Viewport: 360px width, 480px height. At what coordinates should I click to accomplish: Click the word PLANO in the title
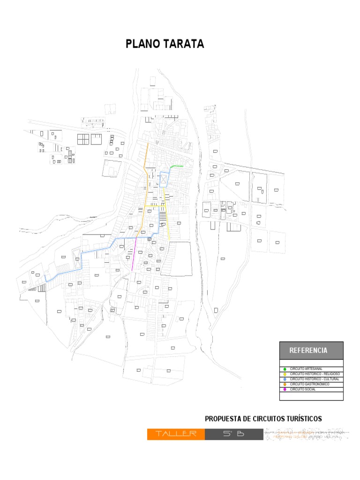coord(143,44)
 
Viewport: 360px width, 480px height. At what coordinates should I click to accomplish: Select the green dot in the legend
coord(285,369)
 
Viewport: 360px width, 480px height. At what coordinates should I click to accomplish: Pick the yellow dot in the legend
coord(285,374)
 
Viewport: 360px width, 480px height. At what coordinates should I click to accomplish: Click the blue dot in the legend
coord(285,379)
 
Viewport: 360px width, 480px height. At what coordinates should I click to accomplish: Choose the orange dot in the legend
coord(285,384)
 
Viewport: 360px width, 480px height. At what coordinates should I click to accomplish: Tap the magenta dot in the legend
coord(285,390)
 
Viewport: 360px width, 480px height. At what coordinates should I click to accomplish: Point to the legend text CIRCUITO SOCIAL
coord(303,389)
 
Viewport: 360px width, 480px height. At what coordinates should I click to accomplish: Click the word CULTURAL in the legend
coord(330,379)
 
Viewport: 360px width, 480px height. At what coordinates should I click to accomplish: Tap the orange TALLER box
coord(176,434)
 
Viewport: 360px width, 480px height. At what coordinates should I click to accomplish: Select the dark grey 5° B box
coord(234,434)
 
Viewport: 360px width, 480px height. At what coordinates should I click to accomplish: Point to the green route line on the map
coord(176,166)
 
